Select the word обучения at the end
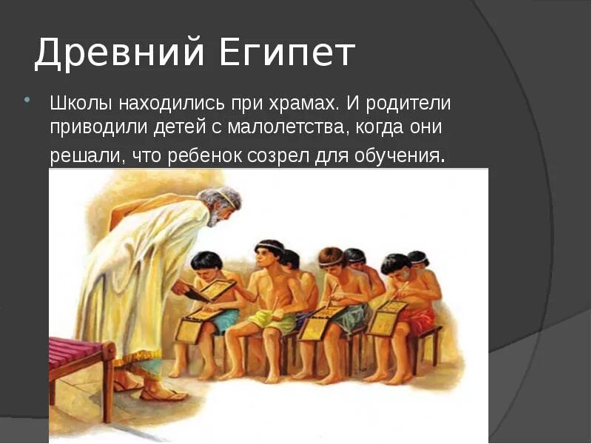click(x=399, y=156)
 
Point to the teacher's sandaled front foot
click(x=164, y=391)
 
